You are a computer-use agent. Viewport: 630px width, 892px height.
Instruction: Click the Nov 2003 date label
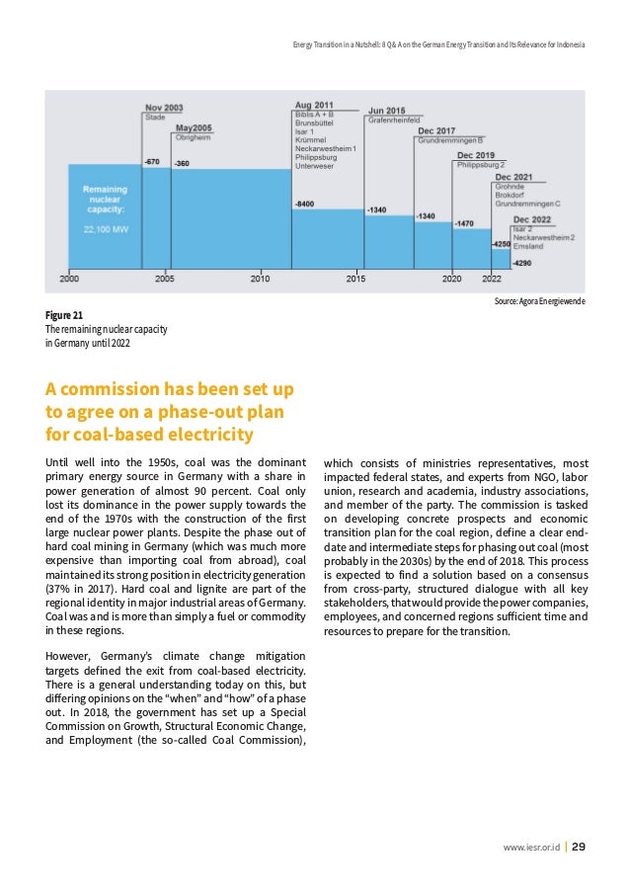(164, 107)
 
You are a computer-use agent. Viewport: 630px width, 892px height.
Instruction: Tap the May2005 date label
(195, 128)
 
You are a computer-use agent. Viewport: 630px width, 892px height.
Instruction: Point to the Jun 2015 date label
(386, 111)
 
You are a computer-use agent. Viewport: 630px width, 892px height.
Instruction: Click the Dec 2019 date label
(476, 155)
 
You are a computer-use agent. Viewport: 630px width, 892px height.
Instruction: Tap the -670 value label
(152, 160)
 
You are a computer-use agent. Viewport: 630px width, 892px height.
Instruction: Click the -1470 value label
(464, 223)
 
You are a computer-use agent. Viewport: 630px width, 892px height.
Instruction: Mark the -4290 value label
(522, 263)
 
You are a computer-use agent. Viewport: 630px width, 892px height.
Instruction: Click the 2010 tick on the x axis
(260, 280)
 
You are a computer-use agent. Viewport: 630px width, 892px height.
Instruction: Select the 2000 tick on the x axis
(69, 280)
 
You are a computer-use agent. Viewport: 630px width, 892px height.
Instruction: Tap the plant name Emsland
(530, 246)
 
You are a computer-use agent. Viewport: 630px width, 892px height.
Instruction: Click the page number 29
(580, 848)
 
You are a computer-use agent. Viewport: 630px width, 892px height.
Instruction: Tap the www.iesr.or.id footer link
(531, 848)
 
